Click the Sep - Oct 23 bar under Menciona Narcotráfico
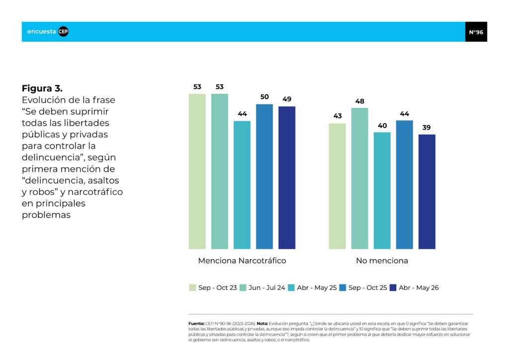tap(197, 172)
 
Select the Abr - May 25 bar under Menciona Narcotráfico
tap(242, 185)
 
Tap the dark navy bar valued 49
tap(287, 178)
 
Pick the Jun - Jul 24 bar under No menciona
tap(360, 179)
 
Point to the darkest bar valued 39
tap(427, 191)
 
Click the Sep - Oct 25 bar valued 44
tap(405, 184)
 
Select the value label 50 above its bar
tap(264, 97)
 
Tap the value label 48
tap(360, 101)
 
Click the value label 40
tap(382, 126)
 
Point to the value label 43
tap(338, 116)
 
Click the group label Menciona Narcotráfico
tap(242, 261)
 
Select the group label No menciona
tap(382, 261)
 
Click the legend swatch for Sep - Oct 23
tap(192, 287)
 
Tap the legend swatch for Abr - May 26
tap(393, 287)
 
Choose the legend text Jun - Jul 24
tap(267, 287)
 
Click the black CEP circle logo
tap(63, 31)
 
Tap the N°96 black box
tap(476, 32)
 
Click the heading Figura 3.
tap(42, 89)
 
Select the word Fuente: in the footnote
tap(196, 324)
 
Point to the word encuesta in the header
tap(42, 31)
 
